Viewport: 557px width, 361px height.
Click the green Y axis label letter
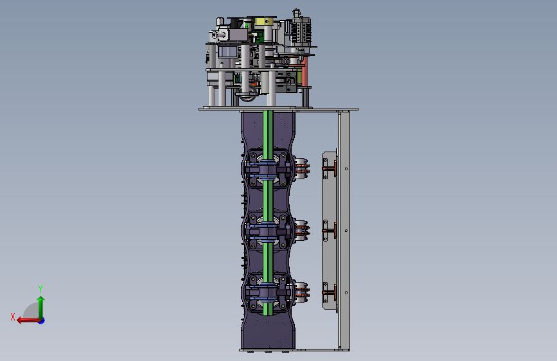point(40,288)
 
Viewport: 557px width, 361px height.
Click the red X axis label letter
point(13,317)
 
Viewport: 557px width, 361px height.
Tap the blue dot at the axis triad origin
point(42,321)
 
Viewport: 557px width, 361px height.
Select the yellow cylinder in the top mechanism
point(264,22)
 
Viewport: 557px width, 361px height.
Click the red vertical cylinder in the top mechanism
point(305,71)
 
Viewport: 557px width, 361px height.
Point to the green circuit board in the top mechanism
point(260,36)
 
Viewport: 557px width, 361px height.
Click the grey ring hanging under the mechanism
point(247,94)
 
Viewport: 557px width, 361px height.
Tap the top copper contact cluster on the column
point(301,168)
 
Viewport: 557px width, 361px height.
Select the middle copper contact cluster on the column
point(301,229)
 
